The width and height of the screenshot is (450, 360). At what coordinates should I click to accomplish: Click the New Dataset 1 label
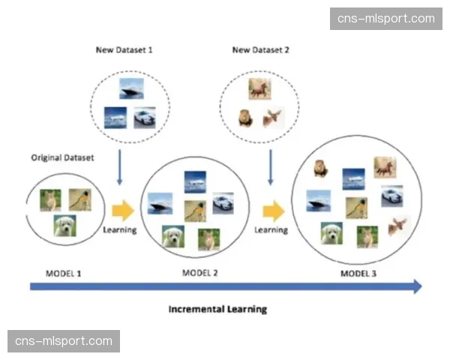[x=124, y=50]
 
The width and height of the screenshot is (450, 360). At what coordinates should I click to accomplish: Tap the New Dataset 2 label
[x=260, y=50]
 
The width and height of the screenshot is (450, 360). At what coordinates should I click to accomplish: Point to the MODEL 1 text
[x=64, y=273]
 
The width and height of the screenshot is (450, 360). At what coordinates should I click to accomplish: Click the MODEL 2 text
[x=200, y=273]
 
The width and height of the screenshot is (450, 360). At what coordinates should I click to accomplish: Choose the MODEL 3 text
[x=358, y=273]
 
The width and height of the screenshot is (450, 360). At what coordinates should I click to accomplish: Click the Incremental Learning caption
[x=217, y=308]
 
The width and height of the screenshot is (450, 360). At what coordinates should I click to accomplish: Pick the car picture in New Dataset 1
[x=145, y=118]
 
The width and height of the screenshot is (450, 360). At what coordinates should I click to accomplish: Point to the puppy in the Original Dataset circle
[x=64, y=225]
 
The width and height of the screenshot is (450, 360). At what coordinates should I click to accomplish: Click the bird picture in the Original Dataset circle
[x=79, y=199]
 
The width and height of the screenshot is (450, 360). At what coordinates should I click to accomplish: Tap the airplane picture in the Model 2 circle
[x=194, y=180]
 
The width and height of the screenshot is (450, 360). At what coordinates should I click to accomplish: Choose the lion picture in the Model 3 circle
[x=320, y=168]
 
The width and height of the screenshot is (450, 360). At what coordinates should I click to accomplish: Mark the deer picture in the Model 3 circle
[x=397, y=224]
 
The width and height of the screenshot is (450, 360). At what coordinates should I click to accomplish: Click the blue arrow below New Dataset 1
[x=120, y=165]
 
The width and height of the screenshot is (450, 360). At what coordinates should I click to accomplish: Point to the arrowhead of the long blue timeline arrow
[x=416, y=286]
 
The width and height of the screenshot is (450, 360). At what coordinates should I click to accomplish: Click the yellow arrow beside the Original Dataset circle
[x=121, y=211]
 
